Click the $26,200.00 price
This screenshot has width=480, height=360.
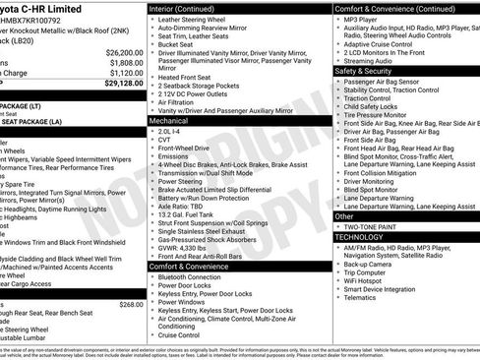[x=120, y=51]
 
